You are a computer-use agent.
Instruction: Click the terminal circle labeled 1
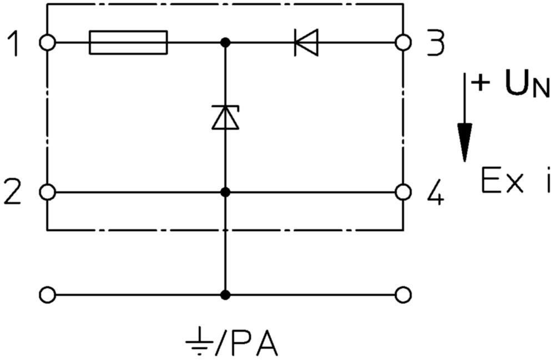click(47, 43)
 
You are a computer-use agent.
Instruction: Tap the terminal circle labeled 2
click(47, 192)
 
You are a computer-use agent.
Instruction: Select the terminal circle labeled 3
click(403, 43)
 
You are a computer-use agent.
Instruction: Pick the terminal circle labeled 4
click(403, 192)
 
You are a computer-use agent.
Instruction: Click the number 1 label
click(13, 43)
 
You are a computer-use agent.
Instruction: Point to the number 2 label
click(13, 192)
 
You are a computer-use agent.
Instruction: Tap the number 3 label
click(435, 43)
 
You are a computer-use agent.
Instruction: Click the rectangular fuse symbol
click(128, 43)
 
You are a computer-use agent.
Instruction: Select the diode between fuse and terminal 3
click(306, 43)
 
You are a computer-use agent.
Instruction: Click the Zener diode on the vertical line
click(225, 117)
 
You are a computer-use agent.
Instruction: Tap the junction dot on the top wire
click(225, 43)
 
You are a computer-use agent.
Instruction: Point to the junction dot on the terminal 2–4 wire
click(225, 192)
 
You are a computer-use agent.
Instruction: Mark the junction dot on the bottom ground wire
click(225, 295)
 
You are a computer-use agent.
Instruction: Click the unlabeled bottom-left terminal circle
click(47, 295)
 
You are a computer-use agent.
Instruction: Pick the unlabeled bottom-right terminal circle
click(403, 295)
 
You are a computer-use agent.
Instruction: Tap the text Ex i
click(516, 180)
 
